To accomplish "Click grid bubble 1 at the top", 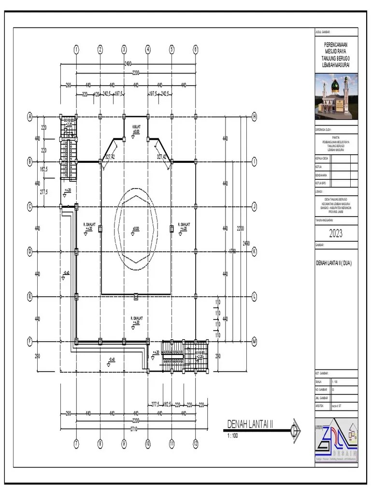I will tap(76, 49).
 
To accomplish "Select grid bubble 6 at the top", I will tap(196, 49).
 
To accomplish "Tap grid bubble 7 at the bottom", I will tap(76, 444).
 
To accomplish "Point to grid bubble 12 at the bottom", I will tap(196, 444).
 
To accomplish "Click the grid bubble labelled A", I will tap(29, 116).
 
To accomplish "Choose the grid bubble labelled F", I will tap(29, 341).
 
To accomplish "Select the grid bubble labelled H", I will tap(254, 116).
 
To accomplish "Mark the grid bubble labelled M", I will tap(254, 341).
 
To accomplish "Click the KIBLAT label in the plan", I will tap(136, 127).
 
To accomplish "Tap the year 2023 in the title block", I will tap(336, 234).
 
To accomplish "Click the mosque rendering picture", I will tap(336, 96).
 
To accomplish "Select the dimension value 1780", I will tap(232, 250).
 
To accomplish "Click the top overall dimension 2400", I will tap(128, 63).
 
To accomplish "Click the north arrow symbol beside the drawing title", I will tap(295, 428).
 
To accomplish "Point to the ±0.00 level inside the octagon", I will tap(136, 228).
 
